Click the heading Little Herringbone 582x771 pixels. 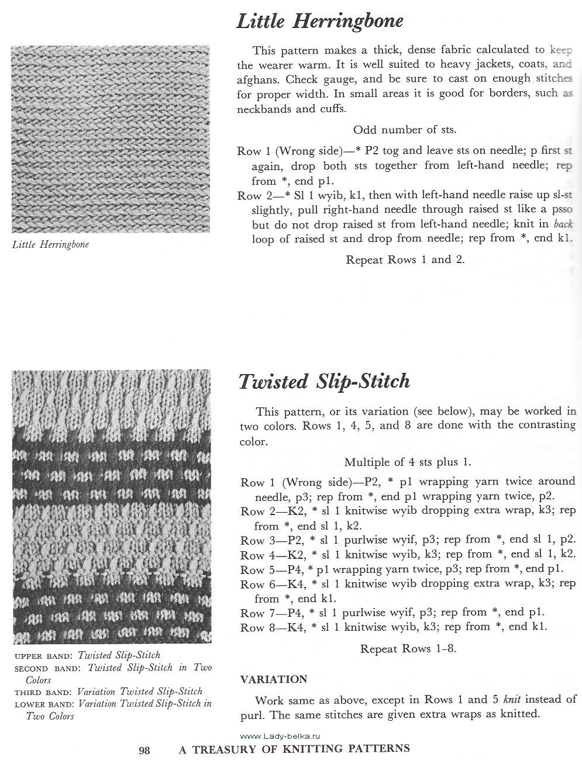pos(319,22)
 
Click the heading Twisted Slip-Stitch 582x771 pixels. pos(324,382)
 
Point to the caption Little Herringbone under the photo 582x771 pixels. pos(51,244)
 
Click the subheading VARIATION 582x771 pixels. pos(274,679)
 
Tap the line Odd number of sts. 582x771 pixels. pos(405,130)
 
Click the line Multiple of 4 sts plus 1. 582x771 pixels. pos(408,462)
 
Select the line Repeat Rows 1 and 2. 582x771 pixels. pos(405,259)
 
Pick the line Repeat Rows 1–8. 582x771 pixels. pos(408,649)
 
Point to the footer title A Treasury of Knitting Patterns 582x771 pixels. pos(294,748)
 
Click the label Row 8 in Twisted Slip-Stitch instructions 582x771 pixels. pos(253,627)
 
